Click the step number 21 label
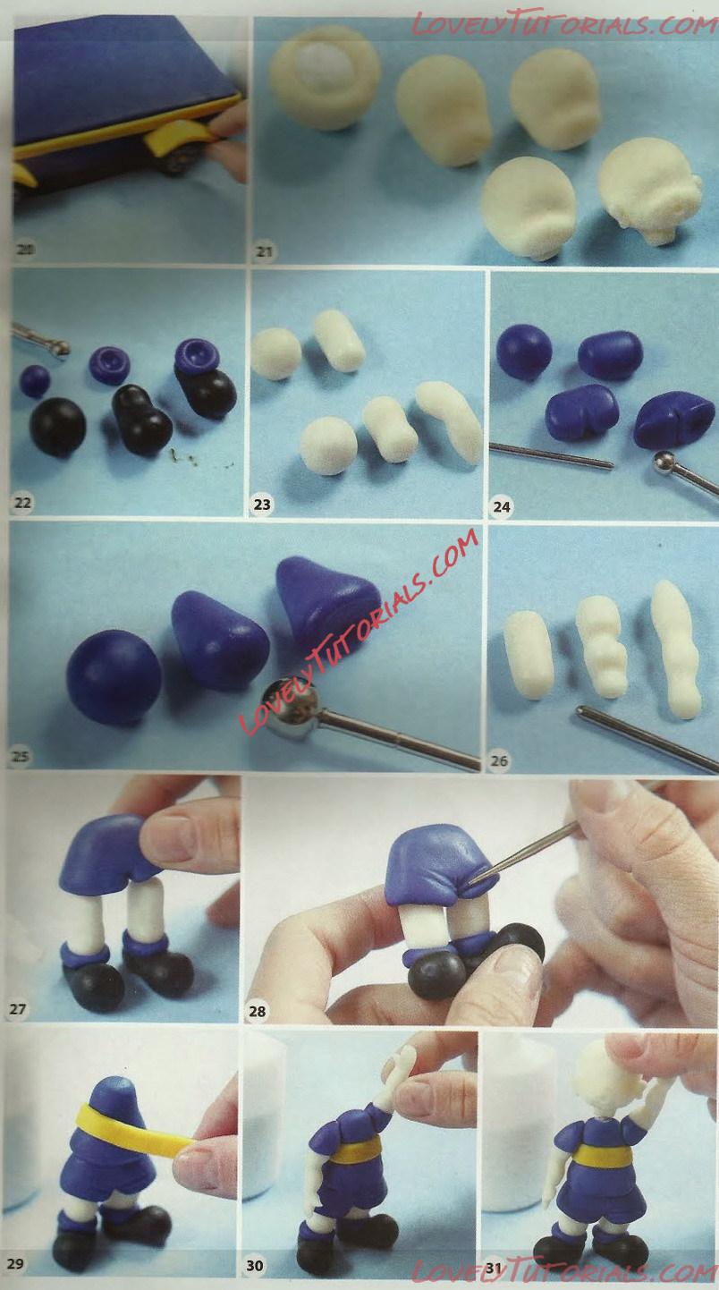(264, 252)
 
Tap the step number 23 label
(262, 505)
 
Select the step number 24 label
(502, 506)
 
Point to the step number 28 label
(257, 1011)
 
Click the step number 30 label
(255, 1265)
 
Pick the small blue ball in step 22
(35, 381)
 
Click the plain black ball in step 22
(57, 426)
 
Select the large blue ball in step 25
(114, 676)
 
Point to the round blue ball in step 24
(524, 352)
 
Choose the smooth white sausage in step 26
(528, 655)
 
